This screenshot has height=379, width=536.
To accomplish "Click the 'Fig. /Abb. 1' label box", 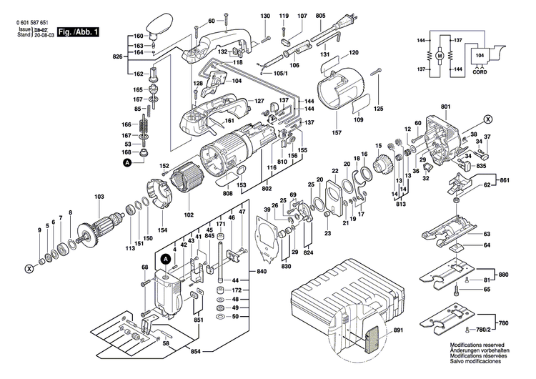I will click(78, 33).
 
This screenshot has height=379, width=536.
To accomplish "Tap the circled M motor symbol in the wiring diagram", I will click(440, 56).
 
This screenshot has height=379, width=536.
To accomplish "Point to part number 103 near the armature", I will click(99, 196).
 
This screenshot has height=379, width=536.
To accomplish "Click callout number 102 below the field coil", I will click(189, 213).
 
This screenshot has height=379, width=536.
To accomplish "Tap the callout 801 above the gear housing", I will click(446, 107).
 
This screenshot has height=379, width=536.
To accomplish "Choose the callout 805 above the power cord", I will click(320, 16).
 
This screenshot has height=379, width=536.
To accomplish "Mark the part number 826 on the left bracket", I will click(118, 56).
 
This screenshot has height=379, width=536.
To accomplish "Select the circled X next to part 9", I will click(29, 269).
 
